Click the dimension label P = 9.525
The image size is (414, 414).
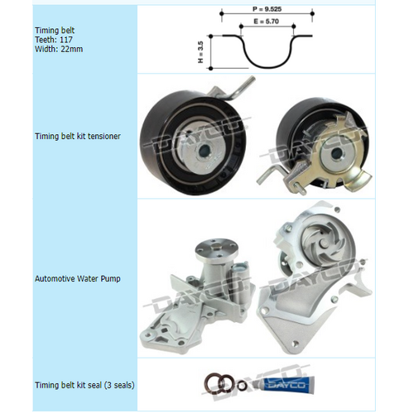tap(267, 9)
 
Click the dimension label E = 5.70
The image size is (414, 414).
tap(267, 22)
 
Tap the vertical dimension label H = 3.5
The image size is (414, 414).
tap(200, 52)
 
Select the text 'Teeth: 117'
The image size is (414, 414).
tap(54, 40)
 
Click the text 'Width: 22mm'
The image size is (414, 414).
tap(59, 49)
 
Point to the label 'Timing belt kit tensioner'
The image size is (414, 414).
tap(78, 136)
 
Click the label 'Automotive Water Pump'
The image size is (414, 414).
tap(78, 278)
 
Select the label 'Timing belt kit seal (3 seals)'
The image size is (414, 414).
tap(84, 385)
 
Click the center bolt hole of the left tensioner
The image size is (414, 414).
tap(205, 151)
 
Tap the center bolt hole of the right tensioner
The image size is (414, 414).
tap(336, 153)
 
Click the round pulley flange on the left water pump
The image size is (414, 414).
tap(217, 249)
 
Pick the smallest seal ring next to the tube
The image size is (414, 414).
tap(242, 385)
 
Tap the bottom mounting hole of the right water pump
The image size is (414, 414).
tap(296, 344)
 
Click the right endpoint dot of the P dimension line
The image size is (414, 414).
tap(312, 13)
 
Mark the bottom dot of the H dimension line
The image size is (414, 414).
tap(211, 68)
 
